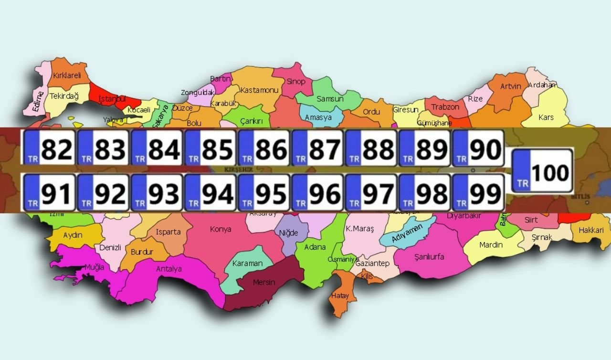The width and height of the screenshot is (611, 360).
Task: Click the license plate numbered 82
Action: [50, 148]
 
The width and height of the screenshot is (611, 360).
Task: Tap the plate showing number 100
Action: [542, 171]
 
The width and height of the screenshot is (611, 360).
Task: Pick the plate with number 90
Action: [478, 148]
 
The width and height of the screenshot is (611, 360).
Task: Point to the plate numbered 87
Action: [317, 148]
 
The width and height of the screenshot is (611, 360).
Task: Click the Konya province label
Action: [221, 229]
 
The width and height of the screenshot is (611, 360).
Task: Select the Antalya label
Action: [169, 269]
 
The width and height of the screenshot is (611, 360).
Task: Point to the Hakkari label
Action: [591, 230]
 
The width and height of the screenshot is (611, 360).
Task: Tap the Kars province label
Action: [546, 117]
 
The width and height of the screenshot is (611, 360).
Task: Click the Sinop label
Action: [295, 82]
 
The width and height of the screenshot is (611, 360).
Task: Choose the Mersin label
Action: [264, 282]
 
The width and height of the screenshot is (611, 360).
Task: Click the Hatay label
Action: [339, 296]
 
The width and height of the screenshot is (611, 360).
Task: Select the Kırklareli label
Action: [67, 75]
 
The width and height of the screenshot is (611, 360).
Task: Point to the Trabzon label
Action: [445, 107]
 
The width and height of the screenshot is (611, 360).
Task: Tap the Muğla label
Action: [94, 267]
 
